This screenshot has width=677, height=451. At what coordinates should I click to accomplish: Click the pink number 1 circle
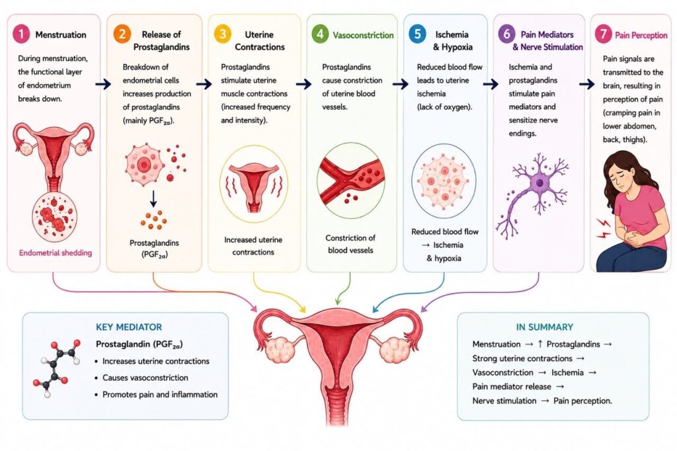tap(20, 34)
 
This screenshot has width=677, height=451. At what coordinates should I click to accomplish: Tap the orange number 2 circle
tap(122, 34)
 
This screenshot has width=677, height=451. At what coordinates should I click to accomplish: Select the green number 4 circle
tap(320, 34)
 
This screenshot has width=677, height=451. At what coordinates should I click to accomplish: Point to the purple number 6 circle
tap(506, 34)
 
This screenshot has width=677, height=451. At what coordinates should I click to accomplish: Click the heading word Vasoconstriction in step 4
tap(363, 35)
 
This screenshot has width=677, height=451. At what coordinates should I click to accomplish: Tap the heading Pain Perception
tap(641, 35)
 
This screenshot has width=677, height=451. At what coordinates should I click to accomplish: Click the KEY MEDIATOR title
tap(129, 327)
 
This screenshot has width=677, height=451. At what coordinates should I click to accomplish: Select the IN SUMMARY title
tap(545, 327)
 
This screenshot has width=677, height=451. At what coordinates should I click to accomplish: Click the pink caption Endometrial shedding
tap(56, 253)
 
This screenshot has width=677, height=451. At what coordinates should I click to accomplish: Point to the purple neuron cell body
tap(539, 183)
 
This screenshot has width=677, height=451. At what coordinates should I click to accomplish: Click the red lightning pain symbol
tap(604, 228)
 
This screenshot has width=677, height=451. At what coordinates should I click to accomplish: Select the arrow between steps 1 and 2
tap(102, 84)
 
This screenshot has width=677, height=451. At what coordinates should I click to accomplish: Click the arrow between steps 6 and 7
tap(587, 84)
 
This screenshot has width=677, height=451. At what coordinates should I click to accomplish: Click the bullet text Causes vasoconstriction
tap(145, 378)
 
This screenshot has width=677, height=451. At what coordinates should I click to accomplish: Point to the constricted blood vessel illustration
tap(350, 180)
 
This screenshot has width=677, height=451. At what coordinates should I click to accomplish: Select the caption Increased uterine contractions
tap(253, 246)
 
